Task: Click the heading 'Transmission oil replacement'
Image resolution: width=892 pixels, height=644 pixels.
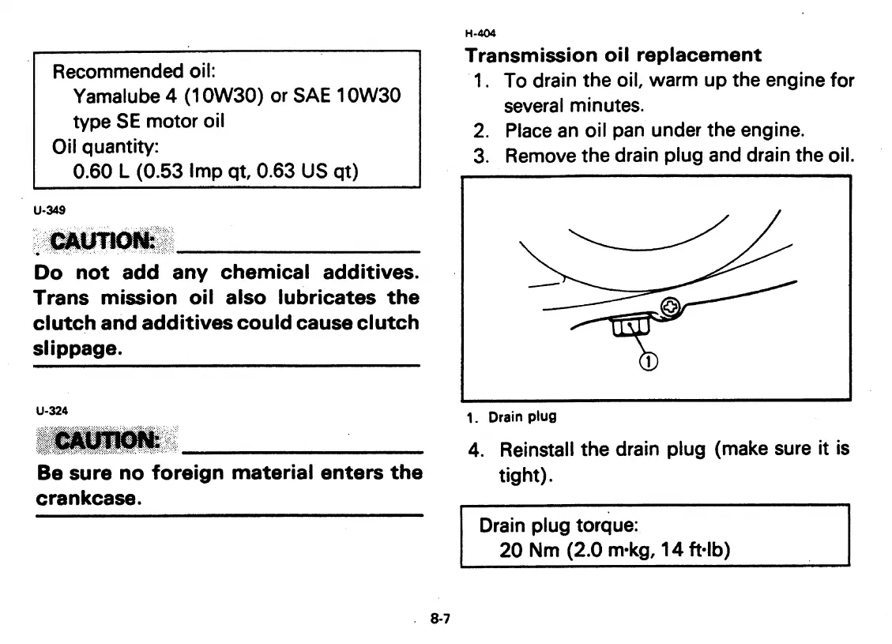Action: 613,55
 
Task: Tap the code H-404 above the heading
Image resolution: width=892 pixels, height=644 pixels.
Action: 476,33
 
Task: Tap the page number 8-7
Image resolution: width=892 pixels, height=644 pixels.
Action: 440,620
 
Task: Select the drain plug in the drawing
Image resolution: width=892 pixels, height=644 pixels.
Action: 629,328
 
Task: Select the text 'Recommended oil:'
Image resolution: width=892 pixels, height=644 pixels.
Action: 128,71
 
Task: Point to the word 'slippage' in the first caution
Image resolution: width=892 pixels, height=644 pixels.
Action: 77,348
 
